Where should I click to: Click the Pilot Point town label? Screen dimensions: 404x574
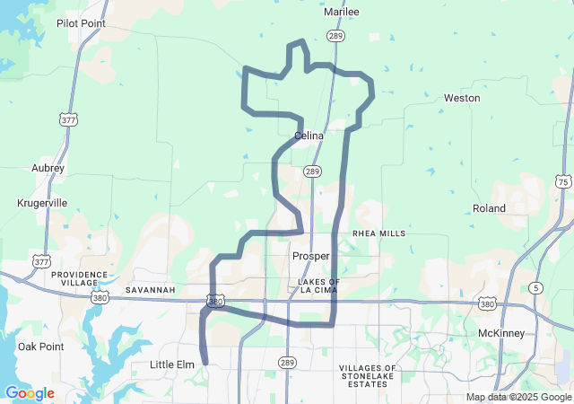(x=81, y=24)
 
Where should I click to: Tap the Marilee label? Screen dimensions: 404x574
(x=341, y=12)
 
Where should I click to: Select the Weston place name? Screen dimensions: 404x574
(x=462, y=98)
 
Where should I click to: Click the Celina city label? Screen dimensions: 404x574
(x=309, y=136)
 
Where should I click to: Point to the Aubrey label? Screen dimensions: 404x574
(x=48, y=168)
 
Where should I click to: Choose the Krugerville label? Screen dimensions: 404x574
(x=42, y=203)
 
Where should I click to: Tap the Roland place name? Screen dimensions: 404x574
(x=489, y=208)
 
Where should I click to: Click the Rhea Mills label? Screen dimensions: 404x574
(x=379, y=233)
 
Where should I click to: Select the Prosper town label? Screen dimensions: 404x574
(x=311, y=256)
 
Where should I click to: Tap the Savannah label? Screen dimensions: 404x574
(x=151, y=290)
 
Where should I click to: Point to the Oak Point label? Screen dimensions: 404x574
(x=40, y=346)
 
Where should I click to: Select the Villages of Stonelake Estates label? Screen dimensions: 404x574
(x=368, y=376)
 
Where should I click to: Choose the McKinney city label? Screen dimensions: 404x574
(x=501, y=334)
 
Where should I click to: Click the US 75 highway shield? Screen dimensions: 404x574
(x=562, y=180)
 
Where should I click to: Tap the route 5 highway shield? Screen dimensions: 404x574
(x=535, y=287)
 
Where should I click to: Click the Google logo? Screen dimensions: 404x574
(x=30, y=393)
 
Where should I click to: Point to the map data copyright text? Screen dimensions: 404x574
(x=518, y=398)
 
